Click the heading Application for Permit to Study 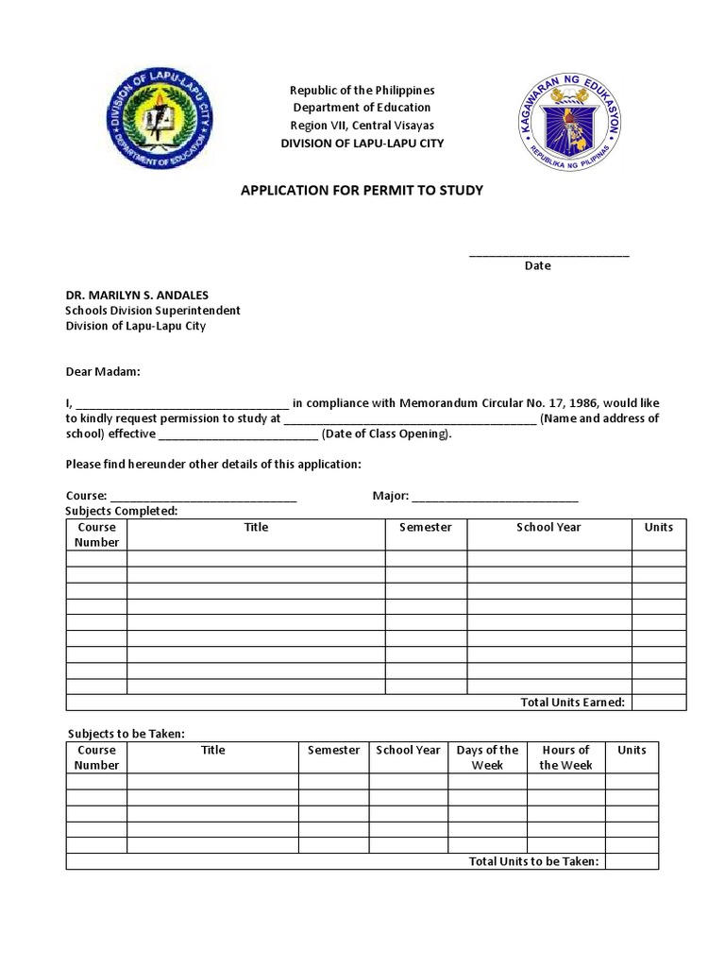tap(362, 191)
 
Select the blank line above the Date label tap(548, 254)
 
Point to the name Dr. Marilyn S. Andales tap(137, 295)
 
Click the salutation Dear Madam tap(102, 372)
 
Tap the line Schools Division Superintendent tap(152, 310)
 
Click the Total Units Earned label tap(573, 702)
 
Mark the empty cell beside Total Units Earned tap(659, 702)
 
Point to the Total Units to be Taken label tap(533, 861)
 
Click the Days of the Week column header tap(487, 757)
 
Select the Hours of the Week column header tap(565, 757)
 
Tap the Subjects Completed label tap(121, 511)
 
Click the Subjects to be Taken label tap(126, 734)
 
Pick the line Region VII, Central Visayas tap(362, 126)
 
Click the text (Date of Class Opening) tap(387, 434)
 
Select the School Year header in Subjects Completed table tap(548, 527)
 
